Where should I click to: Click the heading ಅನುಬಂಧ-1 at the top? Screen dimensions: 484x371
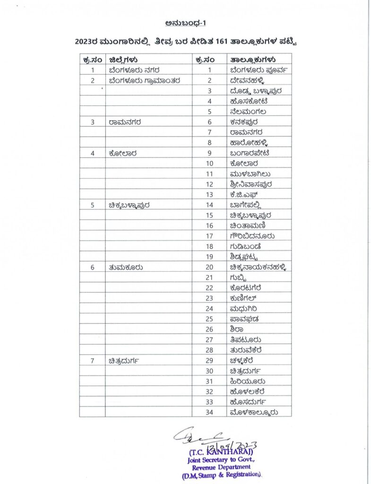(185, 23)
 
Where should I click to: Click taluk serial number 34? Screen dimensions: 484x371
(210, 412)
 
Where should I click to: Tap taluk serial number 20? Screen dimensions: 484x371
(210, 267)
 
